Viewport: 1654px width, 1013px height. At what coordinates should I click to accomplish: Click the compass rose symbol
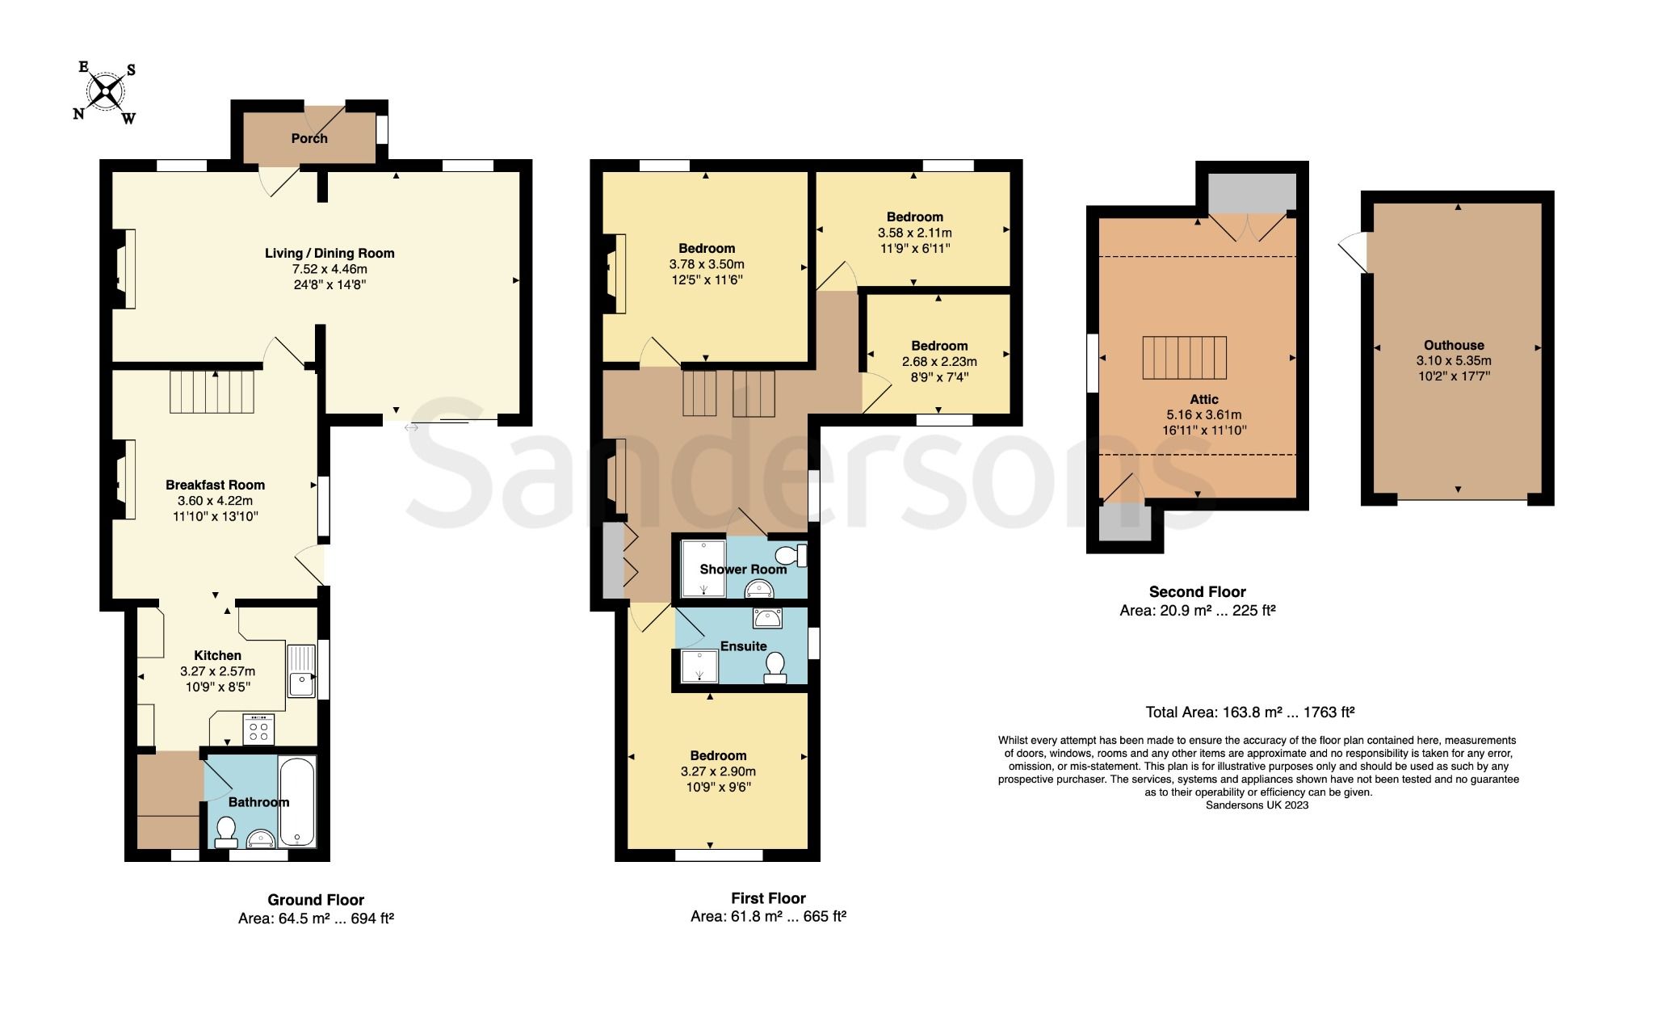click(x=105, y=91)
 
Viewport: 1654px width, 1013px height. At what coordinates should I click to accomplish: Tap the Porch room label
click(x=309, y=138)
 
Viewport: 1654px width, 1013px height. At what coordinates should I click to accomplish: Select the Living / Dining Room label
click(x=330, y=253)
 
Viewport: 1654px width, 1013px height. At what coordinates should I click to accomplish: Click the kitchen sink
click(x=302, y=670)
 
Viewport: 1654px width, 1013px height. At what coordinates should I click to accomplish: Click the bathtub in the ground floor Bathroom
click(x=297, y=801)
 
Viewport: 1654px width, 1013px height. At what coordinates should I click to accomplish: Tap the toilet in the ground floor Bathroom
click(x=226, y=832)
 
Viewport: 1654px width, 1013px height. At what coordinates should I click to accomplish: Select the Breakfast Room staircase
click(x=212, y=392)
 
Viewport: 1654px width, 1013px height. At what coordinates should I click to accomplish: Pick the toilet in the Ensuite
click(x=775, y=667)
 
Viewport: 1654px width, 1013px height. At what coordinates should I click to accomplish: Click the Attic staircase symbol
click(x=1184, y=358)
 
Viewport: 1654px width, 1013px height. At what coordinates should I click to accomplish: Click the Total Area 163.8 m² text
click(x=1249, y=712)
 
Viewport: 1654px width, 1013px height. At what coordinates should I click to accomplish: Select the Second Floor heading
click(x=1197, y=591)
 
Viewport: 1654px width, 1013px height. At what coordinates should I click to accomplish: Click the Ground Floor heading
click(x=316, y=899)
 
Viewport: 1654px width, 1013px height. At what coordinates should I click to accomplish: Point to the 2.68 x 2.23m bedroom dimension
click(x=939, y=361)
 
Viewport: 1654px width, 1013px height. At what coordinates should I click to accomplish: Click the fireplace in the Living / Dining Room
click(x=124, y=267)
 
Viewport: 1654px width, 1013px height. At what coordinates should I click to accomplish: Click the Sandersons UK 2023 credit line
click(x=1257, y=805)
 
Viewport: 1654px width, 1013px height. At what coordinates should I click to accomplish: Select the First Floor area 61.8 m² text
click(x=768, y=916)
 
